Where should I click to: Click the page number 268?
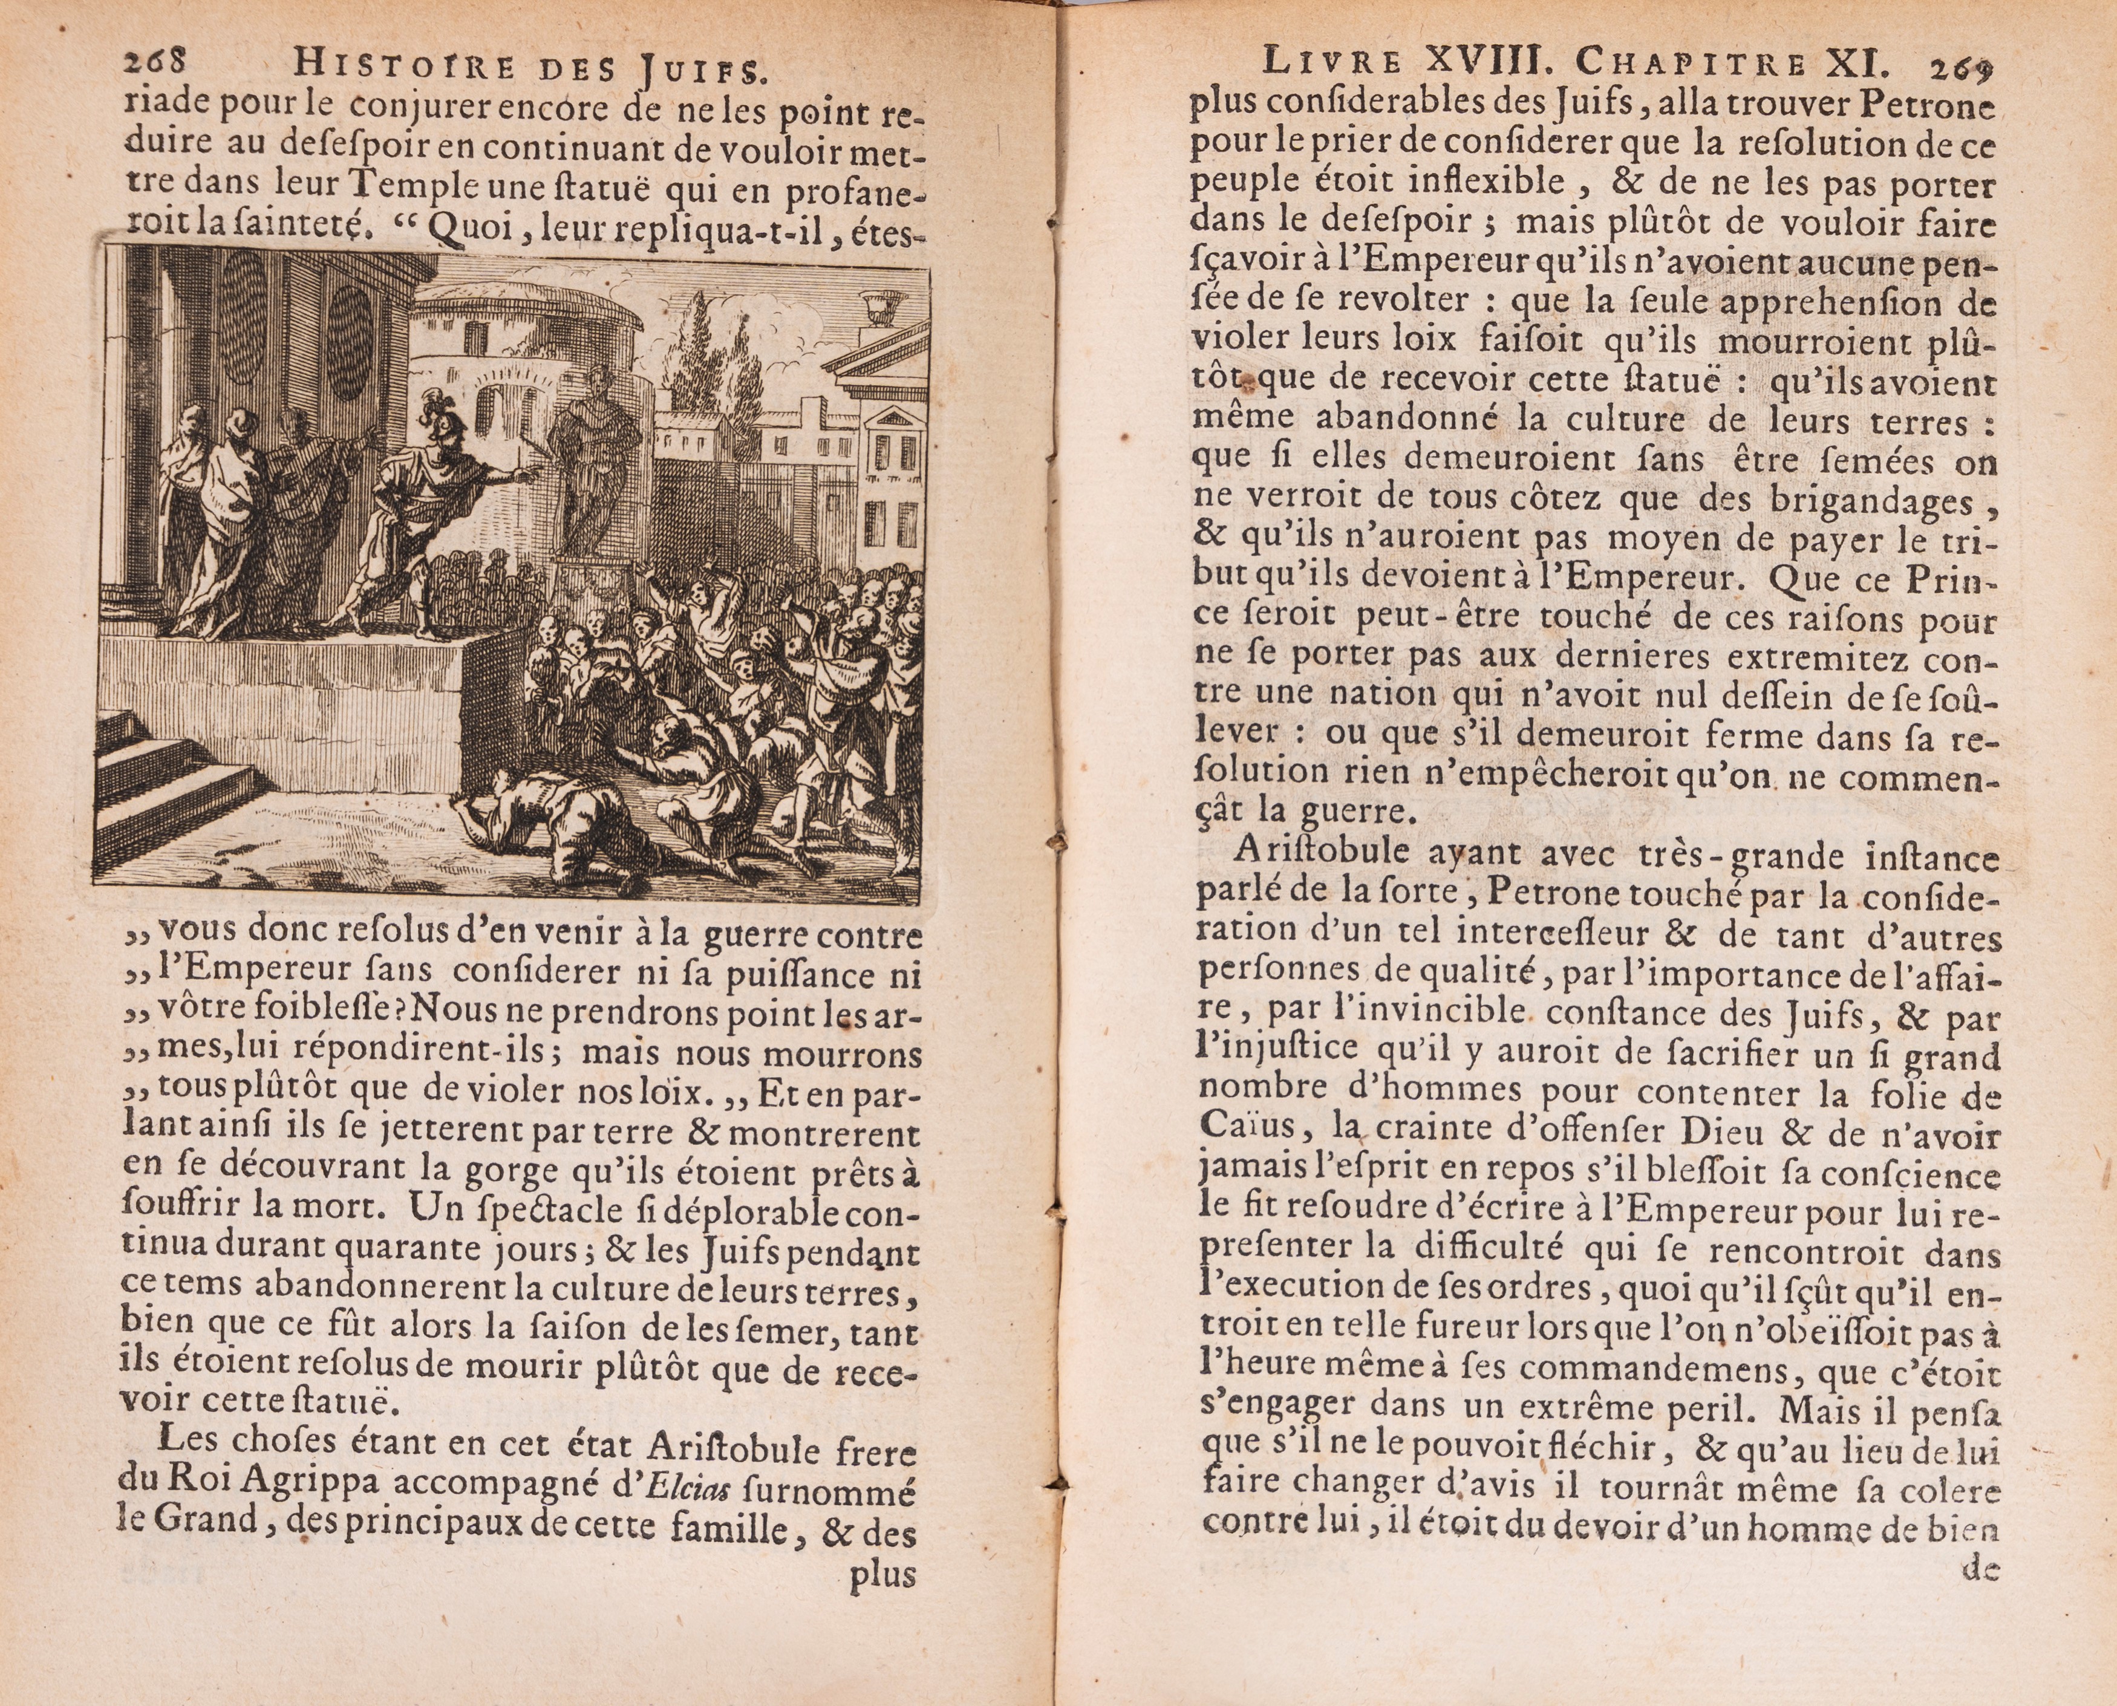pos(154,64)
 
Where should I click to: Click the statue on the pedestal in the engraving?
pos(593,462)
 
